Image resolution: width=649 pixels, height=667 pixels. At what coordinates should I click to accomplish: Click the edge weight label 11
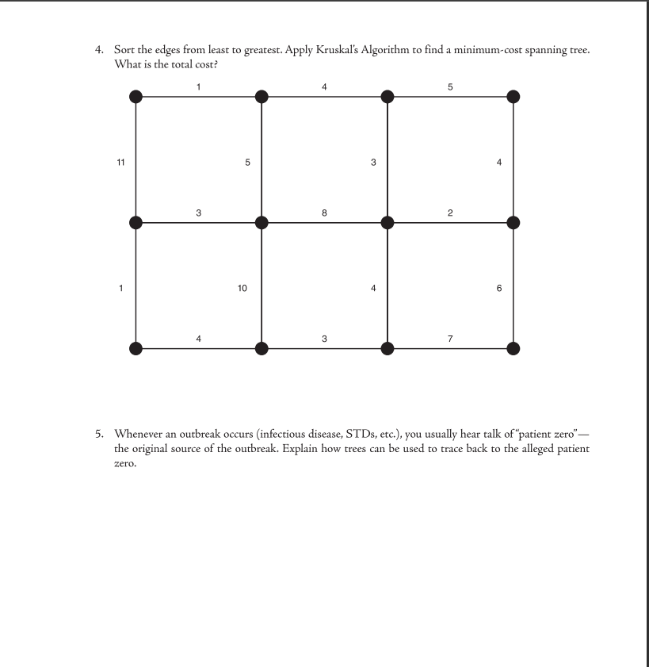[x=120, y=163]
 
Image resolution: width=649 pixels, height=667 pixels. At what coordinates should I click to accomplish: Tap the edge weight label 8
[x=324, y=213]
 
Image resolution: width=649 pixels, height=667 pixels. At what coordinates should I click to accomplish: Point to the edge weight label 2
[x=450, y=213]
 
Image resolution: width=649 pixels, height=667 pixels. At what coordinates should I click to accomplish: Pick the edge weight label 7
[x=450, y=339]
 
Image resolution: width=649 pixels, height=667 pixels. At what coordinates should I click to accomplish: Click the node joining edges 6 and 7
[x=513, y=348]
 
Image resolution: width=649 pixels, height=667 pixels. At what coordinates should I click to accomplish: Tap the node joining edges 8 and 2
[x=387, y=223]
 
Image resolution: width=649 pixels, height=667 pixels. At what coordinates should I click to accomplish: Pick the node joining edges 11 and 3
[x=136, y=223]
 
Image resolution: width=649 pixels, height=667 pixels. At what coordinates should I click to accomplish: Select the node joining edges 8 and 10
[x=262, y=223]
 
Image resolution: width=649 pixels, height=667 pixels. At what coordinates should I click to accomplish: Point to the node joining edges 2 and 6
[x=513, y=223]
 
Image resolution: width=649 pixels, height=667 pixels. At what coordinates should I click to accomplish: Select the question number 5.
[x=99, y=434]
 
